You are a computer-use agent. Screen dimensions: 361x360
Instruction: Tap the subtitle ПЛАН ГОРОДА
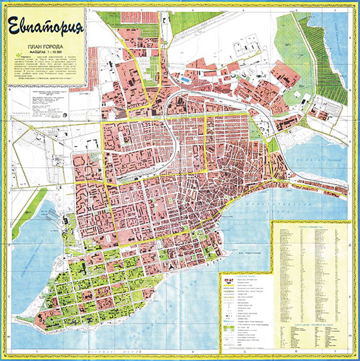(45, 46)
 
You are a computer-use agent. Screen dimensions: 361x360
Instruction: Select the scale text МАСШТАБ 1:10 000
(45, 52)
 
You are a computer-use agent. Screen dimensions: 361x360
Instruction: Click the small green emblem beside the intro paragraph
(15, 58)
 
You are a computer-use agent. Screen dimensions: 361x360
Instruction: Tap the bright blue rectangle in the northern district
(184, 80)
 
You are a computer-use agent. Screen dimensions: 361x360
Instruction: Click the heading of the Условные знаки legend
(244, 277)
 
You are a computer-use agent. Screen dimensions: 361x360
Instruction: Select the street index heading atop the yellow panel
(311, 226)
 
